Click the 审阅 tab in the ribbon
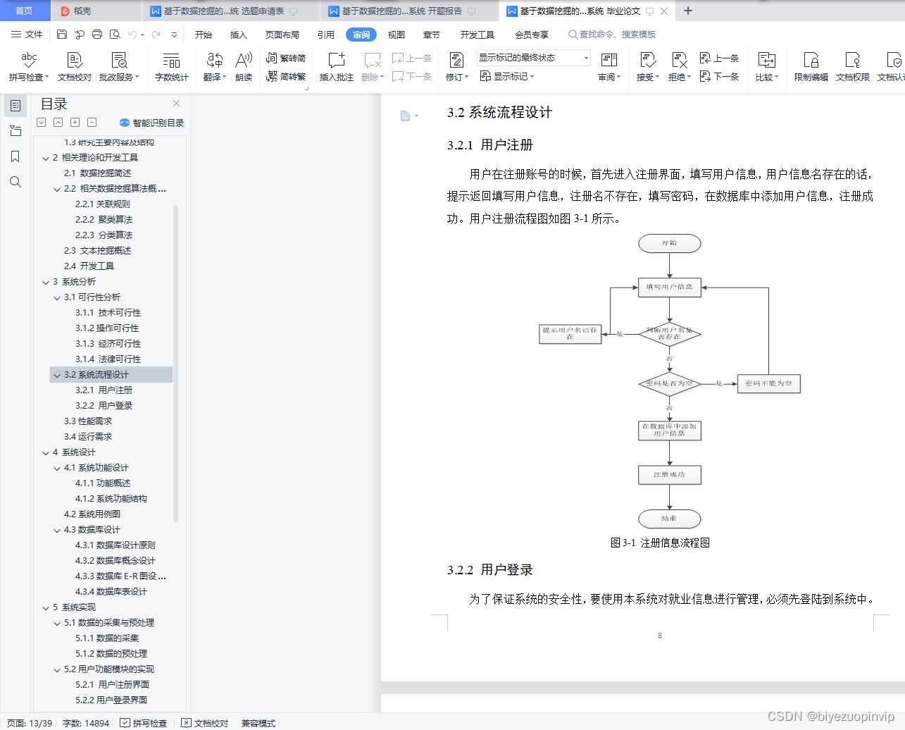[x=361, y=35]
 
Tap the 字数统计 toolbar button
[x=171, y=67]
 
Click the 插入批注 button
[x=336, y=67]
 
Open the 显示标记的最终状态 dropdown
[x=533, y=58]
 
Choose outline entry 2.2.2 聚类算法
[x=104, y=220]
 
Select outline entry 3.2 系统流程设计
[x=96, y=375]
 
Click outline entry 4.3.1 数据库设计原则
[x=116, y=545]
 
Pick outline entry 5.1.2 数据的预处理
[x=111, y=654]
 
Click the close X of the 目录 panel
[x=176, y=104]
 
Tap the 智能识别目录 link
[x=152, y=123]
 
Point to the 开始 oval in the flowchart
[x=669, y=243]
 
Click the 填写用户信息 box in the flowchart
[x=669, y=287]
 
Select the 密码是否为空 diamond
[x=669, y=384]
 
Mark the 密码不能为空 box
[x=768, y=384]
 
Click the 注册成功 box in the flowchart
[x=669, y=475]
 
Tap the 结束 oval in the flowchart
[x=669, y=519]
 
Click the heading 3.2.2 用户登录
[x=490, y=570]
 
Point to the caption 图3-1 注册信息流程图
[x=660, y=543]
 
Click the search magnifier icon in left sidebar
[x=15, y=182]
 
